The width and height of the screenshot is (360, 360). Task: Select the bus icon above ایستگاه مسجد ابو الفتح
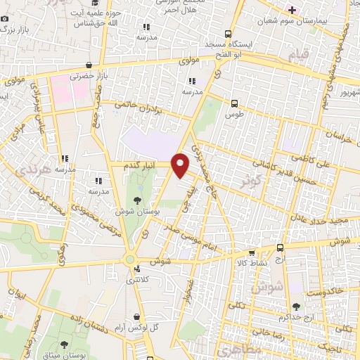point(228,34)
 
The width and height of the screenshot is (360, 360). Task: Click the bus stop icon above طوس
point(233,101)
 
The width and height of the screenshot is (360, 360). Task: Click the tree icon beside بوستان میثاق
point(65,345)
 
